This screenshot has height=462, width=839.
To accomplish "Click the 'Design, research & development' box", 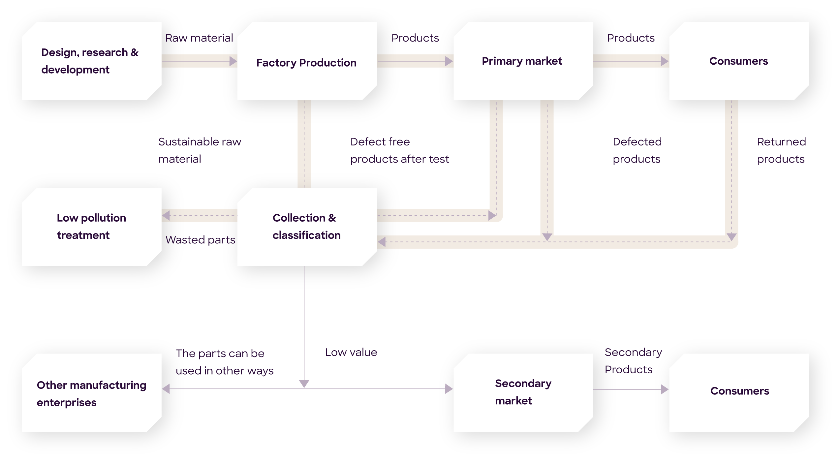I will click(91, 61).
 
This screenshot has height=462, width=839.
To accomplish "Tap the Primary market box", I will click(523, 61).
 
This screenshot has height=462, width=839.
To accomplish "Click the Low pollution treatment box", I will click(91, 227).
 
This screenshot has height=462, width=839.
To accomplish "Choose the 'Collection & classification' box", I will click(307, 227).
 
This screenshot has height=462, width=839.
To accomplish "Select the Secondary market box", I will click(523, 392).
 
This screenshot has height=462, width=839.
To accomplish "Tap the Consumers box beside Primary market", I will click(739, 61).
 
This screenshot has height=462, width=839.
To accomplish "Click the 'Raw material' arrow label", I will click(199, 38).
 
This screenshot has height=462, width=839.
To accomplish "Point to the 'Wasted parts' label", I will click(200, 240).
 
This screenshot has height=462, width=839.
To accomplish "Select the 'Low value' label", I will click(351, 353).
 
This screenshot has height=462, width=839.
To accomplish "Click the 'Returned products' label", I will click(781, 150).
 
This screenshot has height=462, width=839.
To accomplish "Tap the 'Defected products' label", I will click(637, 150).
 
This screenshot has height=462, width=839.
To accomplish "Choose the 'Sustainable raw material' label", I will click(200, 150).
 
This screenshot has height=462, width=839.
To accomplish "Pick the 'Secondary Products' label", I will click(633, 361).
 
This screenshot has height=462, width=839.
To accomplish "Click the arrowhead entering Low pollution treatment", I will click(166, 216).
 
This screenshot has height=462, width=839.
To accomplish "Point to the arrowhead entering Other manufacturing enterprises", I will click(166, 389).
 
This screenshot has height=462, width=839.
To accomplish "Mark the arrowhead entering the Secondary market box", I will click(449, 389).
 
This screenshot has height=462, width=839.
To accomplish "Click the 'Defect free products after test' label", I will click(399, 150).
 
